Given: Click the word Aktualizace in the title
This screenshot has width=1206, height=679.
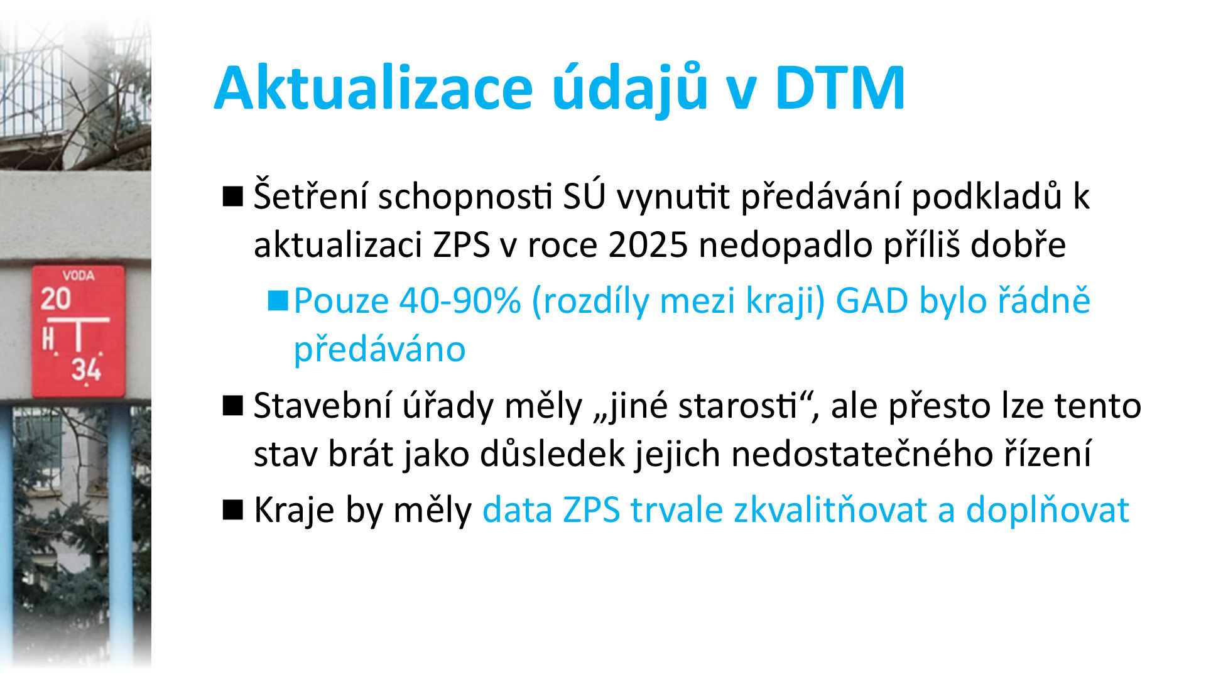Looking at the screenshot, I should click(373, 89).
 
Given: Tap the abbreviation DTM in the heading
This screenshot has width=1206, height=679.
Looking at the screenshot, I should click(839, 89).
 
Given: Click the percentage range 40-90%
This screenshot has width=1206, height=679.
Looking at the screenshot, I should click(460, 301).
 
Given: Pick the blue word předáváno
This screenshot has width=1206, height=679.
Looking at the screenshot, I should click(379, 350).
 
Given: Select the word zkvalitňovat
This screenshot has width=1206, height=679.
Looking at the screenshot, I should click(830, 510).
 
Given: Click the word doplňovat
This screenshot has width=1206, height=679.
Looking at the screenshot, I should click(1047, 510).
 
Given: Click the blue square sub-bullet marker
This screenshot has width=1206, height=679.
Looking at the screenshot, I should click(277, 301).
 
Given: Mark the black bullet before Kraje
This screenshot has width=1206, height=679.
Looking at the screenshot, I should click(232, 510).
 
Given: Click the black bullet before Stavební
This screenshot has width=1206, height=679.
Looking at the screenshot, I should click(232, 406).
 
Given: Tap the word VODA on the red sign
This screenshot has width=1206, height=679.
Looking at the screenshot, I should click(79, 276).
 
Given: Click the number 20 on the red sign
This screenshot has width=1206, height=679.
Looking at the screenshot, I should click(56, 299).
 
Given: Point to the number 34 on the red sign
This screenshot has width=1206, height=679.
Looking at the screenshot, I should click(86, 369).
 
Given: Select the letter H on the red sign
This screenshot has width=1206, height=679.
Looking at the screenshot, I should click(48, 340).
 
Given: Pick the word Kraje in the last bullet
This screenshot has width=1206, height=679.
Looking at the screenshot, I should click(294, 510).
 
